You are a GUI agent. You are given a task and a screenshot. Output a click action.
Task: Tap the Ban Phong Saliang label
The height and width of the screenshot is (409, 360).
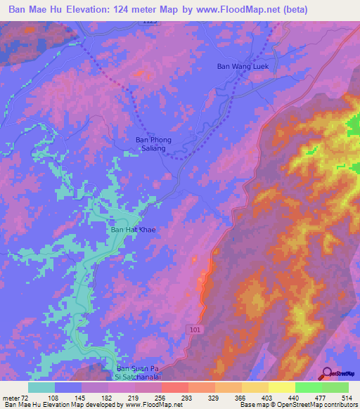(150, 144)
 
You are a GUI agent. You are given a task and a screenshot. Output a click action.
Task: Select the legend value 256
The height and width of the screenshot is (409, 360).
(162, 397)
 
